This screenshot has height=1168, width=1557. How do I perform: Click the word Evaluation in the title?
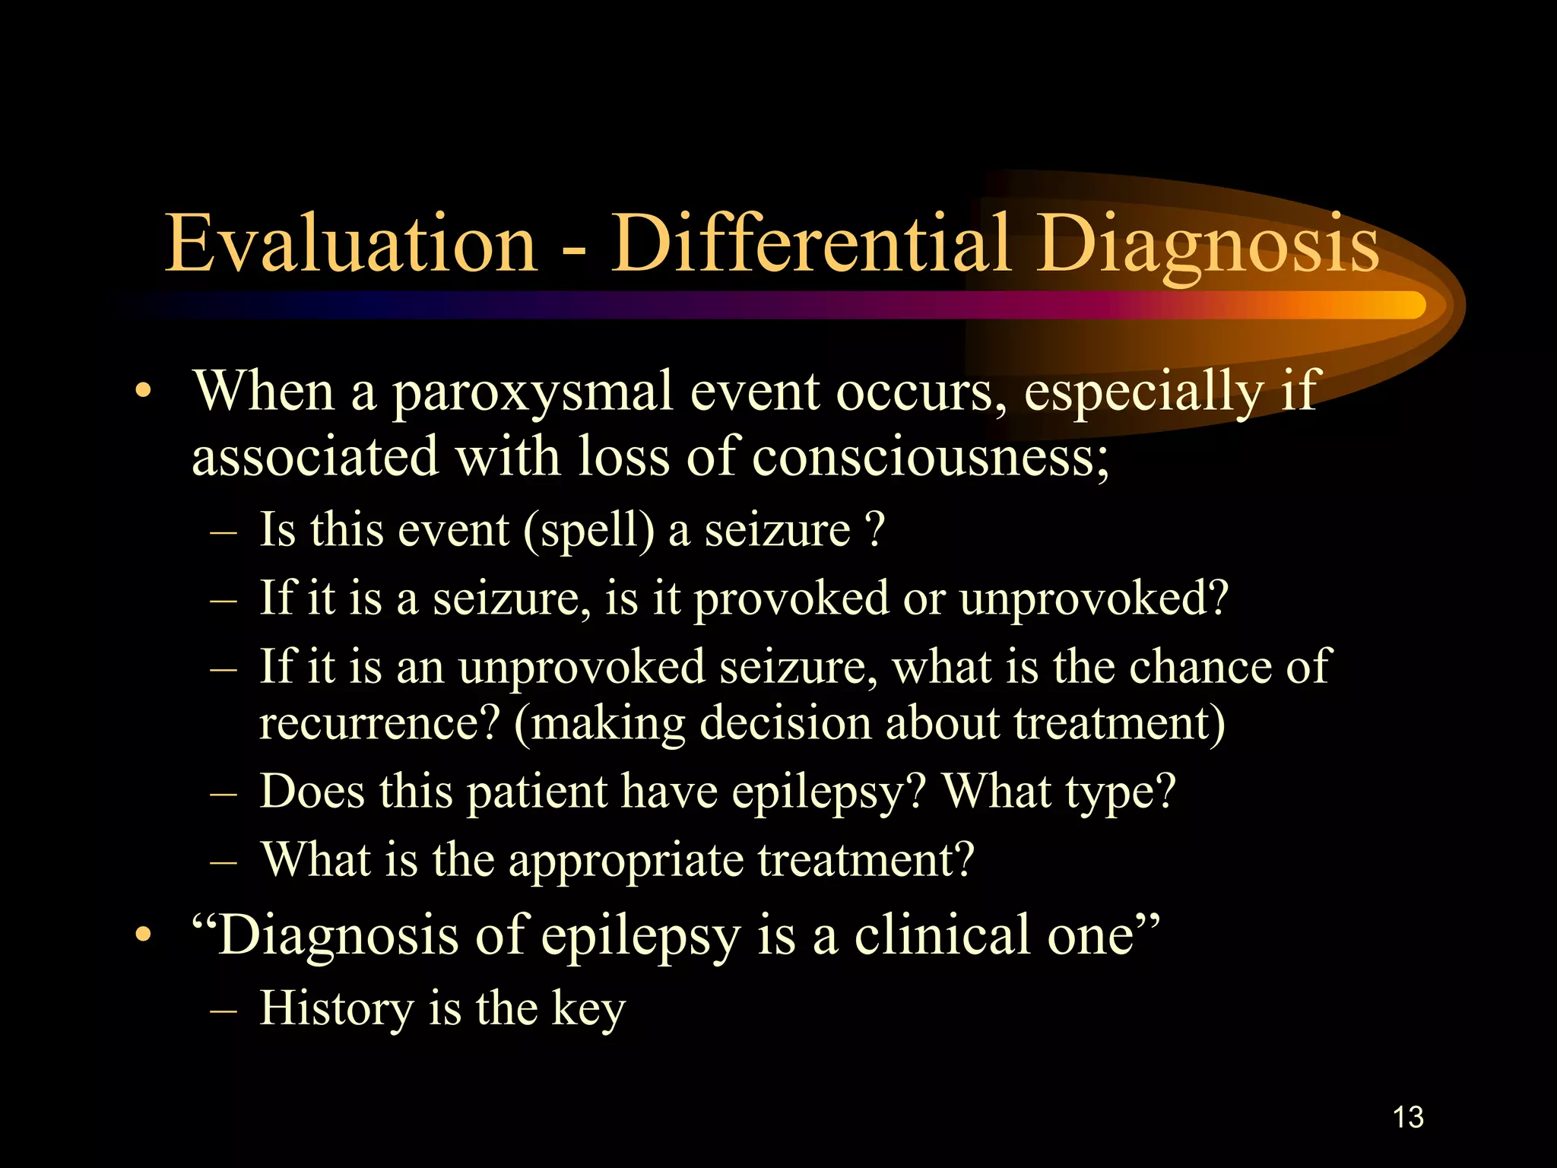(350, 243)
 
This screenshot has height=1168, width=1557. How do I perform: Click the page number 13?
(1408, 1117)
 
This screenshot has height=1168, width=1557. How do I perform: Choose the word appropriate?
(626, 861)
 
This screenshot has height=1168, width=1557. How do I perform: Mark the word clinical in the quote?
(943, 935)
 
